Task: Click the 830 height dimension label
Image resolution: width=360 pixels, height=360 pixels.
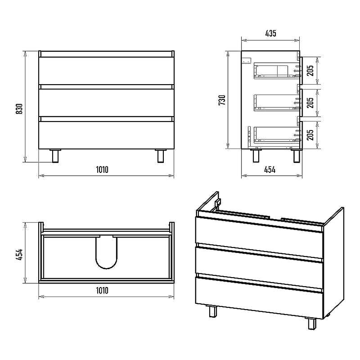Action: [19, 109]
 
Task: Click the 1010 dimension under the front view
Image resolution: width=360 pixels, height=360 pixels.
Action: [102, 170]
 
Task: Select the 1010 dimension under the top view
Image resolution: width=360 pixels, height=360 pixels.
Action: [102, 290]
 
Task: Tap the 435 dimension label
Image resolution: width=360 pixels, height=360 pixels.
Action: [271, 33]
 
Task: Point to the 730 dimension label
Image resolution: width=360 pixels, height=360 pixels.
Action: [222, 100]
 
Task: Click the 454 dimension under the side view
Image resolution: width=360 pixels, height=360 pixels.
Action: [270, 170]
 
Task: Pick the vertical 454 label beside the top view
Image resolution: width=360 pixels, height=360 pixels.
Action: [19, 254]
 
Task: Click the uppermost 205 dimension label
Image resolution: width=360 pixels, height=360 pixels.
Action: [310, 71]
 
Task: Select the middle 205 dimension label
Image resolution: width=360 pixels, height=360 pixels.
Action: [310, 103]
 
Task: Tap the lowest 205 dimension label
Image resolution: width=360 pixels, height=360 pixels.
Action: [310, 135]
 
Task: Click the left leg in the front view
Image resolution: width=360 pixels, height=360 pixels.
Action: [55, 156]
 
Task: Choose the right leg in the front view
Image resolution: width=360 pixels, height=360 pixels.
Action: [161, 156]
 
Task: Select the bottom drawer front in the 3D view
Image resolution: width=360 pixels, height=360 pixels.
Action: [259, 297]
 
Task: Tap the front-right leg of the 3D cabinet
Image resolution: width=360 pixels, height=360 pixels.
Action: [312, 323]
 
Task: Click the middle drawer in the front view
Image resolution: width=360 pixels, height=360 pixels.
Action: [106, 103]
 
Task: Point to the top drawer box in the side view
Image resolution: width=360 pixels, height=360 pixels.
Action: [277, 71]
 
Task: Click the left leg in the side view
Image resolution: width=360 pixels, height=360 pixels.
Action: [256, 156]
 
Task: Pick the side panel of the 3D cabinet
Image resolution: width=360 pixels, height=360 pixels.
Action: [334, 262]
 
